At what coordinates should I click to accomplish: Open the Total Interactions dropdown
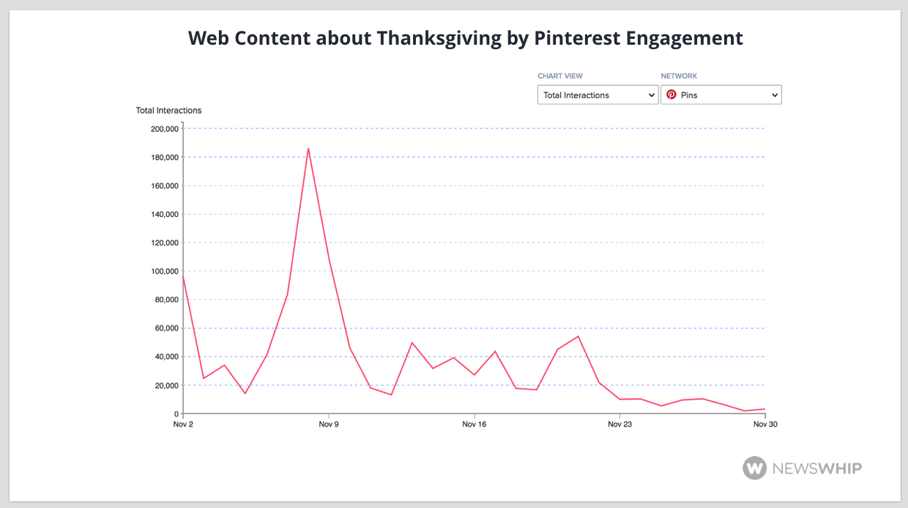[598, 95]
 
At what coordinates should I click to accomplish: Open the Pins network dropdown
[721, 95]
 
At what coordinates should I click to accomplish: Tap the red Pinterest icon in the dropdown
[671, 95]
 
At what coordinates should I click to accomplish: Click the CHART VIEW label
[560, 76]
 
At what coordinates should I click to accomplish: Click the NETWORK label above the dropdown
[679, 76]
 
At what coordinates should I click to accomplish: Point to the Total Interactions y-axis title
[168, 111]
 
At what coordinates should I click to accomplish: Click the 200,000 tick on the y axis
[164, 129]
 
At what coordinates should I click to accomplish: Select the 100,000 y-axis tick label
[164, 271]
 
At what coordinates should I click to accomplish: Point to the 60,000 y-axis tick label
[166, 328]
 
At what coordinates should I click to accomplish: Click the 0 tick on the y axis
[175, 414]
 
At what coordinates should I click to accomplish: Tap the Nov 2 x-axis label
[184, 424]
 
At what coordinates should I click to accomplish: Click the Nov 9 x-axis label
[329, 424]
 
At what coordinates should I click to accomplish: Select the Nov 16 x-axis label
[475, 424]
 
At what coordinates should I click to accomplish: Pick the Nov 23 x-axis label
[619, 424]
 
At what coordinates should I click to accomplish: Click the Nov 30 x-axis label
[765, 424]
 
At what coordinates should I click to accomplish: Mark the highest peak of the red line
[308, 148]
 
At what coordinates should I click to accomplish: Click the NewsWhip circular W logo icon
[754, 468]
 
